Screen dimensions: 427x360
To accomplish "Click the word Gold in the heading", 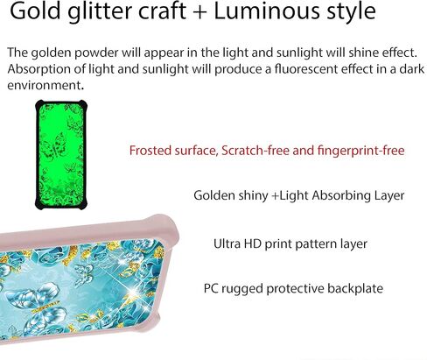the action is coord(35,11).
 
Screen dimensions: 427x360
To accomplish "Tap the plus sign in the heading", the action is coord(200,12).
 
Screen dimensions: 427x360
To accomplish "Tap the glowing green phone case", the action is coord(61,155).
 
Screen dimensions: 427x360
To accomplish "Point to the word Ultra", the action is coord(227,244).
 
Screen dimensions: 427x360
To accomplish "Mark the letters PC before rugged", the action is coord(211,288).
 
